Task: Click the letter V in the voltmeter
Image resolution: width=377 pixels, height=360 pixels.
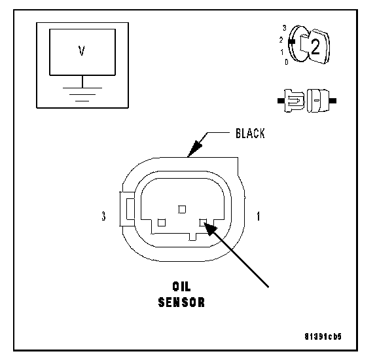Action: pos(82,51)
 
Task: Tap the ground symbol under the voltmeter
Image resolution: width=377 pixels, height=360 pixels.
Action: pos(82,94)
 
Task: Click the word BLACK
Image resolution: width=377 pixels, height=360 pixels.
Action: pos(250,134)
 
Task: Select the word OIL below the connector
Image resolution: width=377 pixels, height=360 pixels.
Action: pos(181,286)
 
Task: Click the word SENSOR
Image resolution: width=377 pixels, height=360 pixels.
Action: pos(181,302)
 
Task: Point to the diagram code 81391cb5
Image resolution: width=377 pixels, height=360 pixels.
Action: pos(323,336)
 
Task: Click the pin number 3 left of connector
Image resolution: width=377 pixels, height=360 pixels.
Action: pos(103,216)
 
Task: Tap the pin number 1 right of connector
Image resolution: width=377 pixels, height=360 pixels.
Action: pos(259,216)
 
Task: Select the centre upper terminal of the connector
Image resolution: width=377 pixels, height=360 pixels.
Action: pos(182,209)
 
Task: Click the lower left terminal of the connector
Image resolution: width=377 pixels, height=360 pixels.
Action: pos(162,223)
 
